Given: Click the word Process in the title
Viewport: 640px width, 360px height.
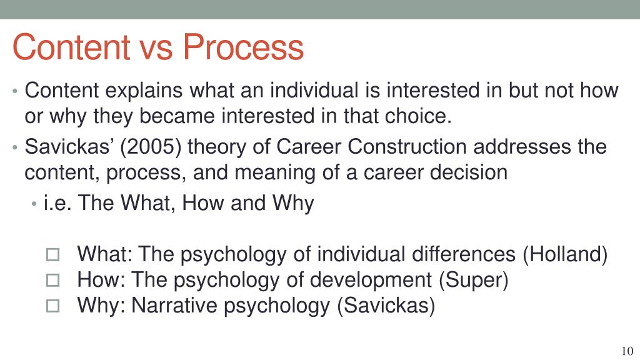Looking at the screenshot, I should coord(244,48).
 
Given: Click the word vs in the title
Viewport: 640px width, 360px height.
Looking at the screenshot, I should coord(159,48).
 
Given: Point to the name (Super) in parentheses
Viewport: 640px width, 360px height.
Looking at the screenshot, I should coord(474,280).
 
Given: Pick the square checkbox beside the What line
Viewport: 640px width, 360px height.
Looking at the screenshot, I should coord(52,255).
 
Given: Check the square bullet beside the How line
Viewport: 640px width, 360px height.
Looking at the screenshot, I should coord(52,281).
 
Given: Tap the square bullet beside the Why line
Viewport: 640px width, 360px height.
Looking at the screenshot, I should coord(52,306).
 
